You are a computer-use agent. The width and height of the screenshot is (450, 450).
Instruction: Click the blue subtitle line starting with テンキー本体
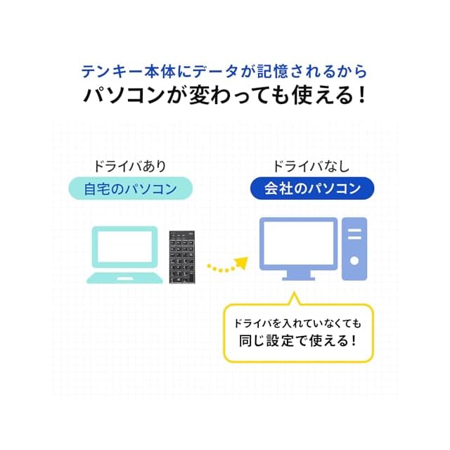click(x=224, y=72)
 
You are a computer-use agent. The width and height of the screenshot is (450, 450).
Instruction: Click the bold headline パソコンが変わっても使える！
click(x=224, y=94)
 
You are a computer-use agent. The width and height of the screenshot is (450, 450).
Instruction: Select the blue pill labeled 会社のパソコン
click(x=312, y=188)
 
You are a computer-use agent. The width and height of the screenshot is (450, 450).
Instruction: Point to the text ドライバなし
click(x=311, y=167)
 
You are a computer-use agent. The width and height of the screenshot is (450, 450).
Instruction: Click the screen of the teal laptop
click(x=127, y=248)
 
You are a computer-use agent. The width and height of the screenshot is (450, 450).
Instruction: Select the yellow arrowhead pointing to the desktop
click(x=241, y=263)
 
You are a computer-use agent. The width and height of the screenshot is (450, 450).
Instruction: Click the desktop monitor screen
click(x=298, y=243)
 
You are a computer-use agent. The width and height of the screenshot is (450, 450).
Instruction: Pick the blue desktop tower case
click(x=354, y=247)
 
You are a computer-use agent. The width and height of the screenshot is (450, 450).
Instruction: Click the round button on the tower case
click(x=354, y=260)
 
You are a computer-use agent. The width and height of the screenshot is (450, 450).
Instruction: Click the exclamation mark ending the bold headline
click(x=360, y=94)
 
